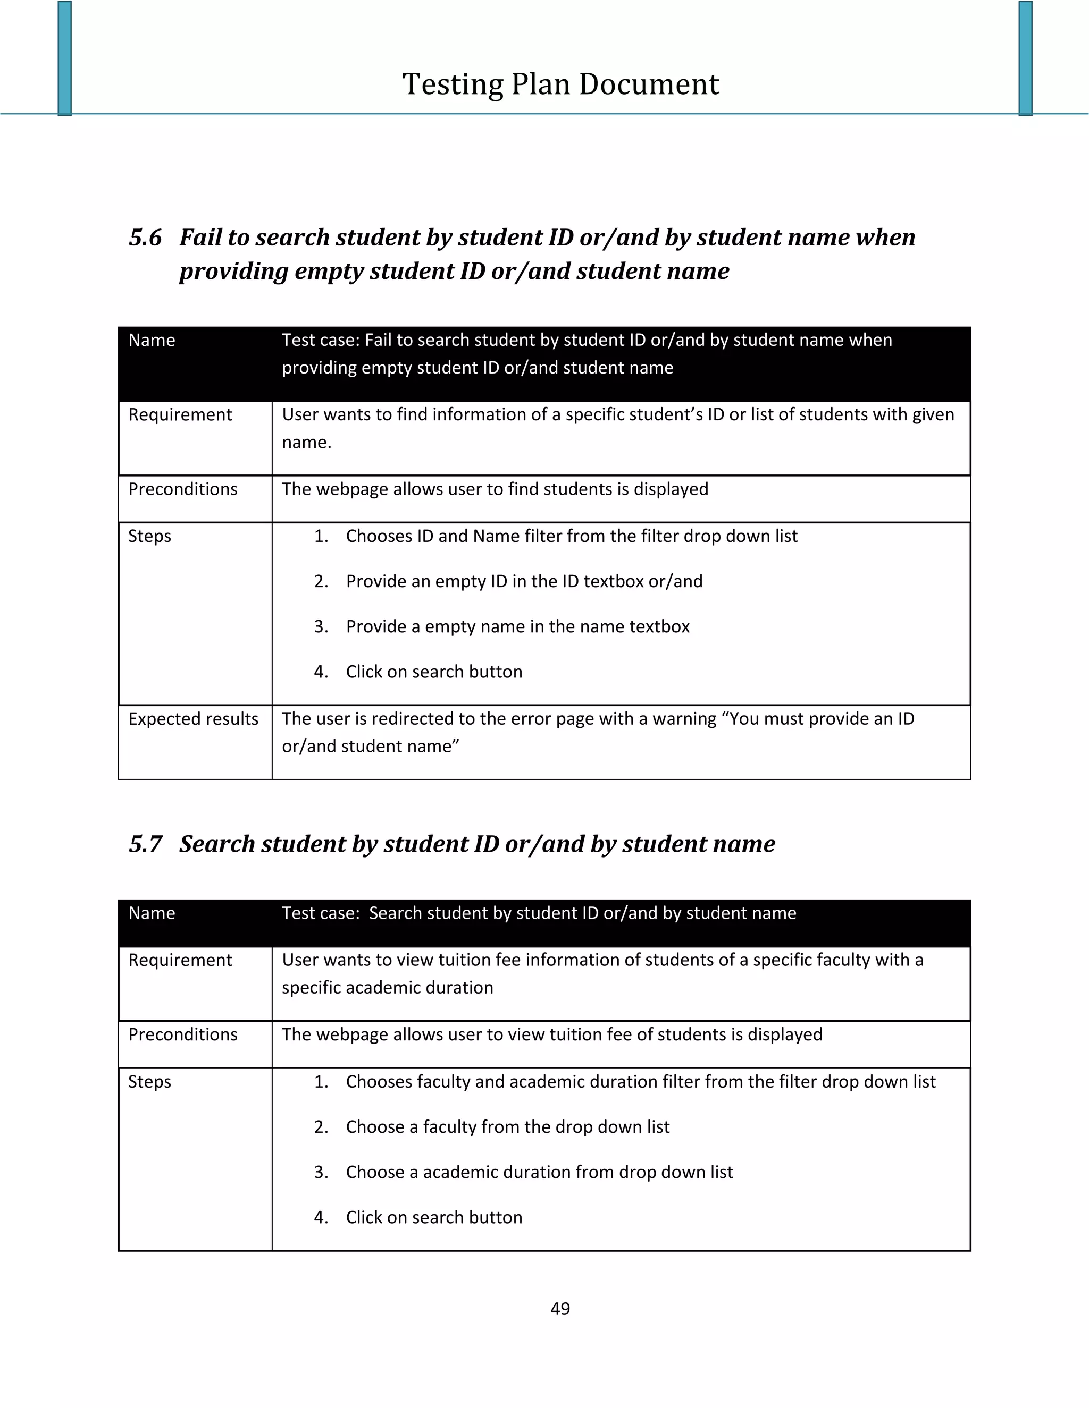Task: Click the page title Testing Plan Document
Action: (560, 84)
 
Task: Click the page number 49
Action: (560, 1308)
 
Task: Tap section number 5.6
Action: (145, 238)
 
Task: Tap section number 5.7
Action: (145, 844)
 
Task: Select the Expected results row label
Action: (193, 719)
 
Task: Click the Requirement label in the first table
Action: (180, 414)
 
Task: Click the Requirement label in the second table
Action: (180, 960)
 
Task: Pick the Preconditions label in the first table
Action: (182, 489)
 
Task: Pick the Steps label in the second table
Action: (149, 1082)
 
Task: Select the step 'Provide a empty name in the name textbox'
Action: (517, 626)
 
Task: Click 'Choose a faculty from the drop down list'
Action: (508, 1127)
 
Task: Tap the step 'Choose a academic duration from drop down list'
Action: (539, 1172)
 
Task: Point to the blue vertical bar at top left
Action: (64, 58)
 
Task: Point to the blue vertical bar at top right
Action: (1025, 58)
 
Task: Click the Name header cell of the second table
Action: (152, 913)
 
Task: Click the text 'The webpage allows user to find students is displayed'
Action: (495, 489)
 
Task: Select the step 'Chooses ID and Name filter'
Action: (572, 537)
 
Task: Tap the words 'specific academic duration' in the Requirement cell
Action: (387, 988)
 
